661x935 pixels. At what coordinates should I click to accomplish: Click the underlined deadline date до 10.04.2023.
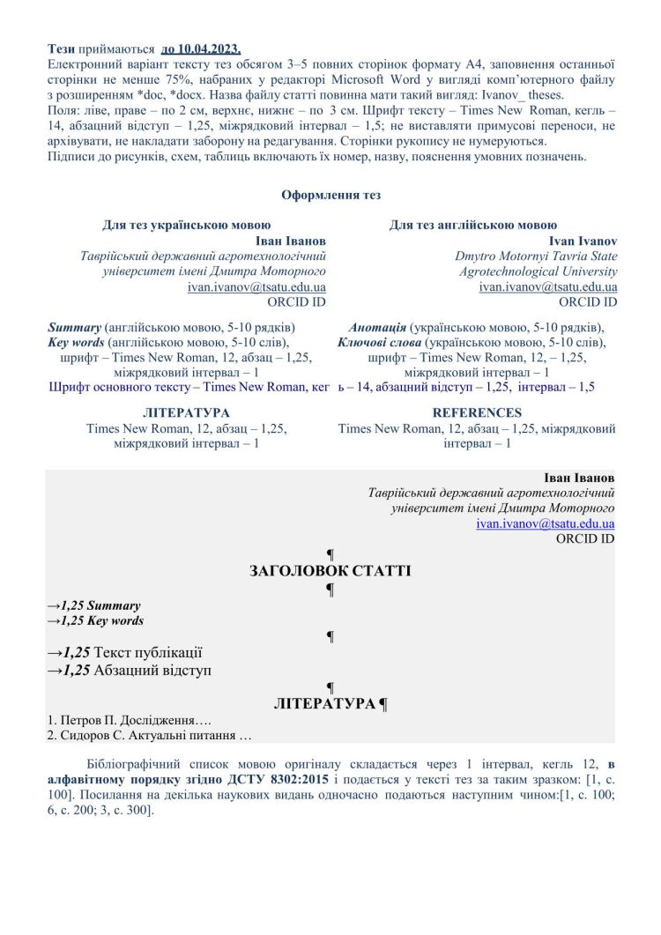click(x=201, y=48)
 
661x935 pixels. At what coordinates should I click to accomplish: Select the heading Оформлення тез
click(x=330, y=195)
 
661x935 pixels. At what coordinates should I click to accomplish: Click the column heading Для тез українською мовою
click(x=186, y=226)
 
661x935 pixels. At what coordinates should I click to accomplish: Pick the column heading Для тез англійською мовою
click(x=472, y=226)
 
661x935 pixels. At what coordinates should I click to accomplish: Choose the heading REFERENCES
click(x=477, y=412)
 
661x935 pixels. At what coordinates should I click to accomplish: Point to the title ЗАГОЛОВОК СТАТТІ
click(x=330, y=571)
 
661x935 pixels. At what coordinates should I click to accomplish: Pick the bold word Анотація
click(x=377, y=325)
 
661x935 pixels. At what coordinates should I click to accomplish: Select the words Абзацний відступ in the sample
click(x=152, y=671)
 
